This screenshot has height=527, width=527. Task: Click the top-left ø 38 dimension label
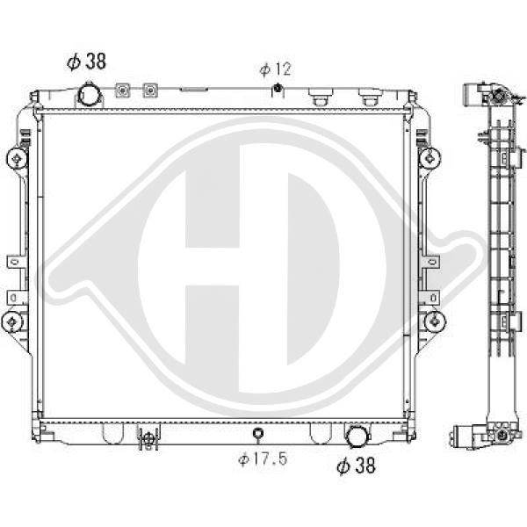(86, 61)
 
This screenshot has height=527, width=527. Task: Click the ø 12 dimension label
(275, 69)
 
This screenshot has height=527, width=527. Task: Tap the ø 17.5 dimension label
(263, 458)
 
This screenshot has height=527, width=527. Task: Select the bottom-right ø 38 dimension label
(356, 466)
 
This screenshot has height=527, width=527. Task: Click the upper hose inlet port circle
(89, 95)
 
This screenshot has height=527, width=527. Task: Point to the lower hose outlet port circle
(357, 436)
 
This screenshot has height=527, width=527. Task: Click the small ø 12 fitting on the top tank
(278, 88)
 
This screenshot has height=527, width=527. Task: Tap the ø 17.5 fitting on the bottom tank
(257, 433)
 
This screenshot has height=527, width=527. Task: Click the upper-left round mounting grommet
(17, 158)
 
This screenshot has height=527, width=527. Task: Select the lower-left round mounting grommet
(12, 321)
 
